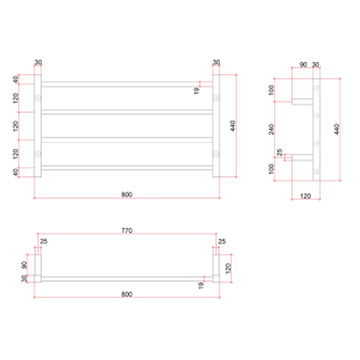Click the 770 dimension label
tap(127, 230)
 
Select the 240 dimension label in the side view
tap(271, 129)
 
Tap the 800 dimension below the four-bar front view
tap(127, 195)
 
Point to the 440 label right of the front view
tap(233, 126)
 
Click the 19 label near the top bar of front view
tap(196, 90)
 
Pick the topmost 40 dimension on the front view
tap(15, 80)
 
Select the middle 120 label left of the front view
tap(15, 126)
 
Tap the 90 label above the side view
tap(303, 65)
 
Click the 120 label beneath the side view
tap(305, 196)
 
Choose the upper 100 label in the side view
tap(271, 90)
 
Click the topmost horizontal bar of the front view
tap(127, 84)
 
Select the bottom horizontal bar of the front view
tap(127, 168)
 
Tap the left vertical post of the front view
tap(38, 126)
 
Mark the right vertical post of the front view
tap(216, 126)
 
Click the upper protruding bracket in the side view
tap(302, 102)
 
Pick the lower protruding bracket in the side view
tap(302, 157)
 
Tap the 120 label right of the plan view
tap(228, 268)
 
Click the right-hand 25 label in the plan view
tap(222, 241)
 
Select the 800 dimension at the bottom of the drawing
tap(127, 294)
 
